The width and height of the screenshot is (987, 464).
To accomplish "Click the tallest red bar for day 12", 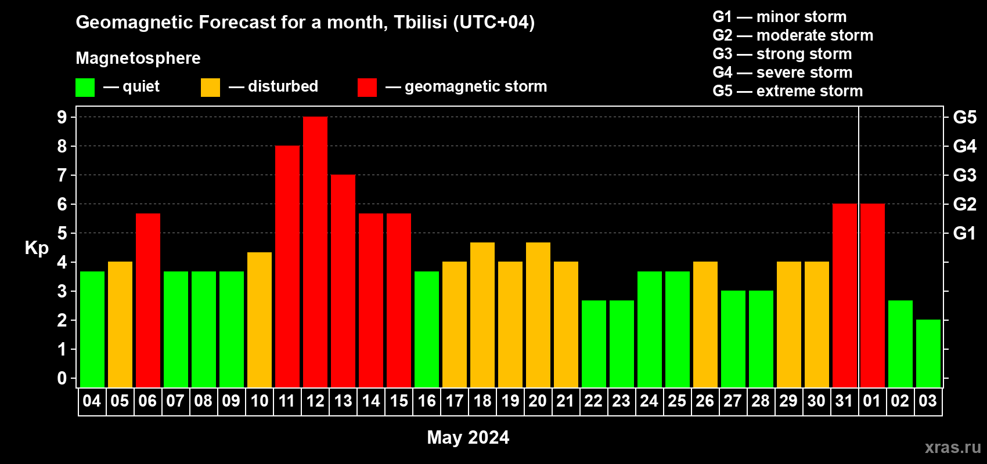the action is tap(315, 252).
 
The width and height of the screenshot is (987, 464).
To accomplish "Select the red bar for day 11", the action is tap(287, 266).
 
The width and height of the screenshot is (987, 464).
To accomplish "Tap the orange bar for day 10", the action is tap(260, 320).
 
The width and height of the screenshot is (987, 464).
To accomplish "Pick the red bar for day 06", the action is tap(148, 300).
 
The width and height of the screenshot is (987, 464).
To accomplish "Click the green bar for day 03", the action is tap(928, 353).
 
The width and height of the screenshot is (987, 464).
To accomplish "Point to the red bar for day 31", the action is tap(845, 295).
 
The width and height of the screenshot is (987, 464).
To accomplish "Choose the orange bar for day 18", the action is tap(482, 315).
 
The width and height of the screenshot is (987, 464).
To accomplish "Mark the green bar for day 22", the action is tap(594, 344).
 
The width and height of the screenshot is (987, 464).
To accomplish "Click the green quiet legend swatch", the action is tap(85, 87).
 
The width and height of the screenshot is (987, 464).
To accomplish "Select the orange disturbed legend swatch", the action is tap(210, 87).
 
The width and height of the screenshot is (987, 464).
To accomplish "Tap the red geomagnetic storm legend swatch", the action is tap(367, 87).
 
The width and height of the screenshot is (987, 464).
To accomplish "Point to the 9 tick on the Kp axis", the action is tap(62, 117).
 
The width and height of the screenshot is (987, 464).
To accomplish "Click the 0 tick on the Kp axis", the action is tap(62, 378).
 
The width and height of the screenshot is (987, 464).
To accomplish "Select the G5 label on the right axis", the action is tap(964, 117).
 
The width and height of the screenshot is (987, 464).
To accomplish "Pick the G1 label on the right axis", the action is tap(964, 233).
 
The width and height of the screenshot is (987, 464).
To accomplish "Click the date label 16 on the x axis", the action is tap(427, 401).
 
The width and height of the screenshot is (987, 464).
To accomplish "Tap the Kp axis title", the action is tap(37, 248).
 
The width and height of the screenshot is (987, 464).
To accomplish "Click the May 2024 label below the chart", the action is tap(468, 437).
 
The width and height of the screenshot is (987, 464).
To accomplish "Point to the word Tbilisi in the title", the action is tap(420, 22).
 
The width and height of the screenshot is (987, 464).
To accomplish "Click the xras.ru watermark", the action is tap(953, 447).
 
